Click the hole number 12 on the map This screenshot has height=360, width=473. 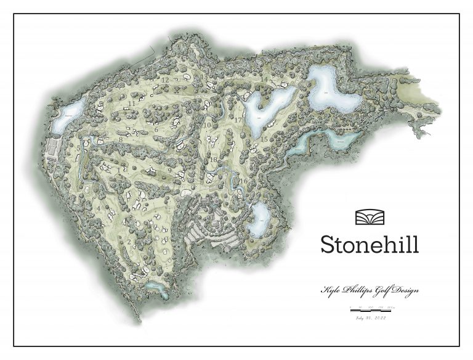165,80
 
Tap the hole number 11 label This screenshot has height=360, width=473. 132,104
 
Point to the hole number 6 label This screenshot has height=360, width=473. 156,129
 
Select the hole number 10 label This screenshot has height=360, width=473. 208,125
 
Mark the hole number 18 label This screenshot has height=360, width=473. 213,160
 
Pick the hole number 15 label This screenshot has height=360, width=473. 264,139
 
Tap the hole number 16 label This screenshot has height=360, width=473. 244,181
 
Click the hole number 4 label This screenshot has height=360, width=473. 99,208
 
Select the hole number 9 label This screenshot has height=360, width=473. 169,170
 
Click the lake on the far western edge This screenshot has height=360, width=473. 63,119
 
